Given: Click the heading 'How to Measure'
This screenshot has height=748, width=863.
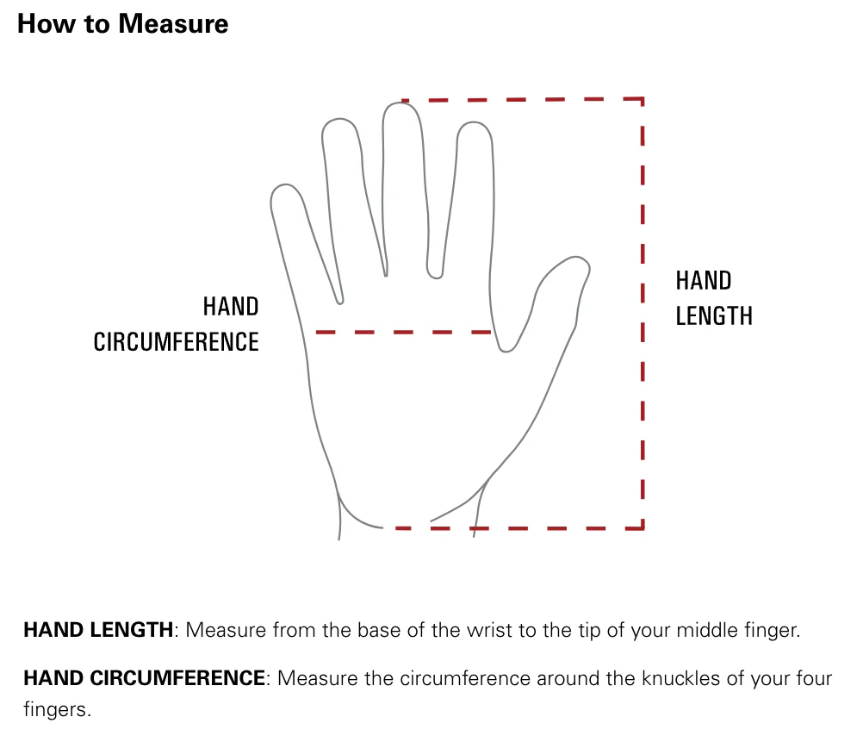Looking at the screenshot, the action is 123,23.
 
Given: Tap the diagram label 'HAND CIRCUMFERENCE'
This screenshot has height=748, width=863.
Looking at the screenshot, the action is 176,324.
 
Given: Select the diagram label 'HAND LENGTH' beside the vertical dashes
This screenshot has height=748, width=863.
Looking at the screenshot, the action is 714,298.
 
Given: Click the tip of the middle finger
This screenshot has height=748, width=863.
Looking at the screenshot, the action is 400,103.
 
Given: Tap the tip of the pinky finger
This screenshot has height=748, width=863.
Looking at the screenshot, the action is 282,185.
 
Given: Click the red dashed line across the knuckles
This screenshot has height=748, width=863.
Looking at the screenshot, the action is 403,332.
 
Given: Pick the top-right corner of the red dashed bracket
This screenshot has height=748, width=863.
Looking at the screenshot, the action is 643,99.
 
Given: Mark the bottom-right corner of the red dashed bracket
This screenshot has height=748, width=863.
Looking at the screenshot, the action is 643,527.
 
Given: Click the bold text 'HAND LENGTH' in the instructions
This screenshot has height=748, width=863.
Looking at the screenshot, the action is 98,630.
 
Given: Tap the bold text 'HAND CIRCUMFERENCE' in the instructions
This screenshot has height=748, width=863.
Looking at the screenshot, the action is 145,678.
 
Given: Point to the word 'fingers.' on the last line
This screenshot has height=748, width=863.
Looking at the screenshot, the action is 57,709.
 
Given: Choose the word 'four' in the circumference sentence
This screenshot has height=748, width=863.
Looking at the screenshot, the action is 814,678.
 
